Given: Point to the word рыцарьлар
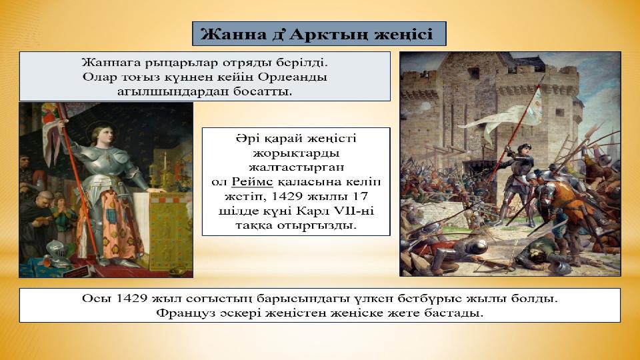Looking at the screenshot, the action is [x=177, y=63].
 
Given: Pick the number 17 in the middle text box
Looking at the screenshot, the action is [x=360, y=196].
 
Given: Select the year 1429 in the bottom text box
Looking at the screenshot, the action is [x=131, y=299].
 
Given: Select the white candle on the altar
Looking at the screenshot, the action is [x=165, y=160].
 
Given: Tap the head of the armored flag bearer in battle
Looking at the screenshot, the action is [x=523, y=149].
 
